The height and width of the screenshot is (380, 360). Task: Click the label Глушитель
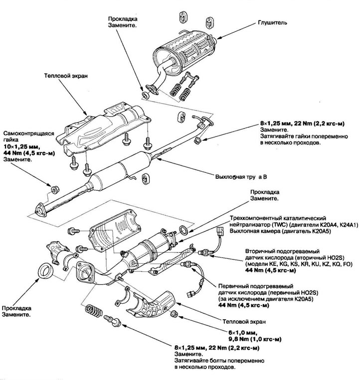[272, 23]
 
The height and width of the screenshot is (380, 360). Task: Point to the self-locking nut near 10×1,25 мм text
[56, 189]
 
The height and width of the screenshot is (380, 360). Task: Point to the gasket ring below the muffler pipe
[146, 93]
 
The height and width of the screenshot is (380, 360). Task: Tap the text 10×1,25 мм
[20, 148]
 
